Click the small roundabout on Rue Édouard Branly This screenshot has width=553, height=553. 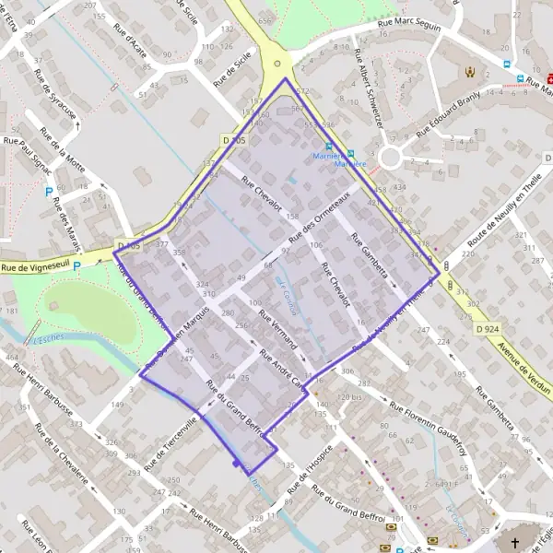click(390, 158)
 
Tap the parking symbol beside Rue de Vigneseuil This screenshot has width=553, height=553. click(77, 265)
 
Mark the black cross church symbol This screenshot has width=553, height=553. click(515, 543)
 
